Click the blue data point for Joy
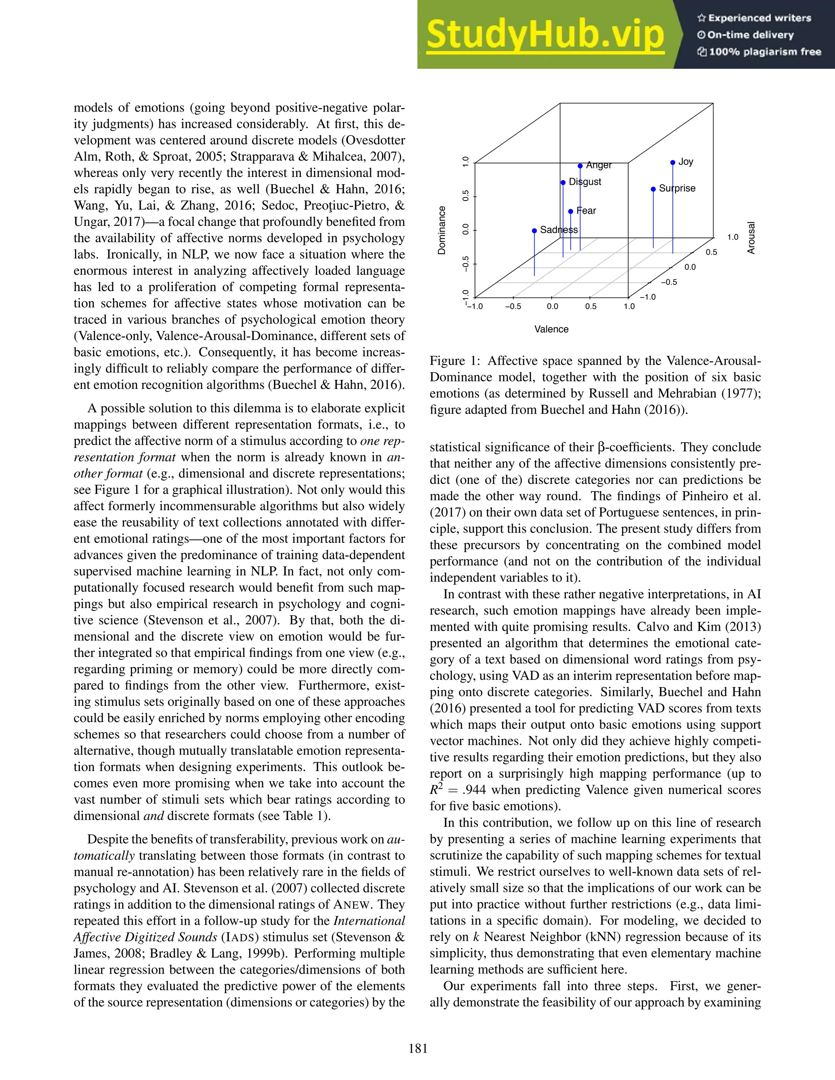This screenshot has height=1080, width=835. [673, 163]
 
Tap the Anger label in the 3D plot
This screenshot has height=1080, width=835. [599, 165]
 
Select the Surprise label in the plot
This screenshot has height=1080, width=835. [677, 188]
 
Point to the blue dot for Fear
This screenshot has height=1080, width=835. [570, 211]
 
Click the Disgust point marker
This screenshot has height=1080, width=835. [563, 183]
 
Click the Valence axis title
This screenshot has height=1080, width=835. [551, 329]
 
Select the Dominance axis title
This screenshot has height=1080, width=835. [442, 230]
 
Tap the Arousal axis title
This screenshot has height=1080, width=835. [751, 238]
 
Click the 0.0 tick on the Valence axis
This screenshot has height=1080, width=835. [552, 306]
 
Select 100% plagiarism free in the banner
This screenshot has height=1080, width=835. [764, 52]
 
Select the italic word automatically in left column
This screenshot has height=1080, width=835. [104, 855]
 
